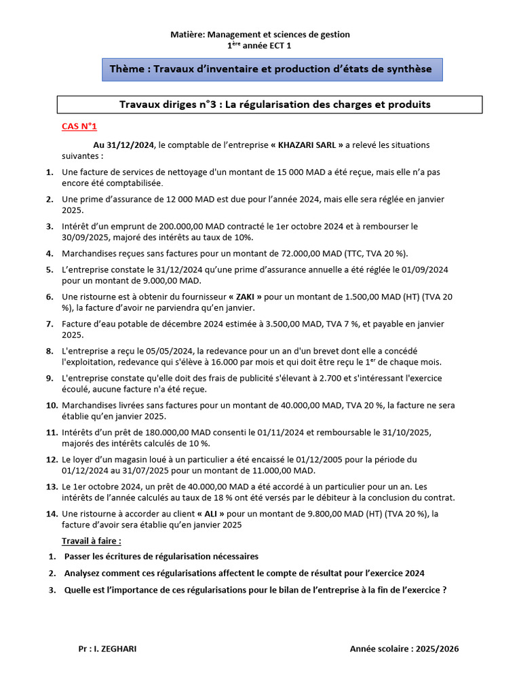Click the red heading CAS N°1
click(79, 126)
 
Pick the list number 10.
click(51, 405)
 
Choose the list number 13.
click(51, 487)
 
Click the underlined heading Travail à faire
click(92, 541)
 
